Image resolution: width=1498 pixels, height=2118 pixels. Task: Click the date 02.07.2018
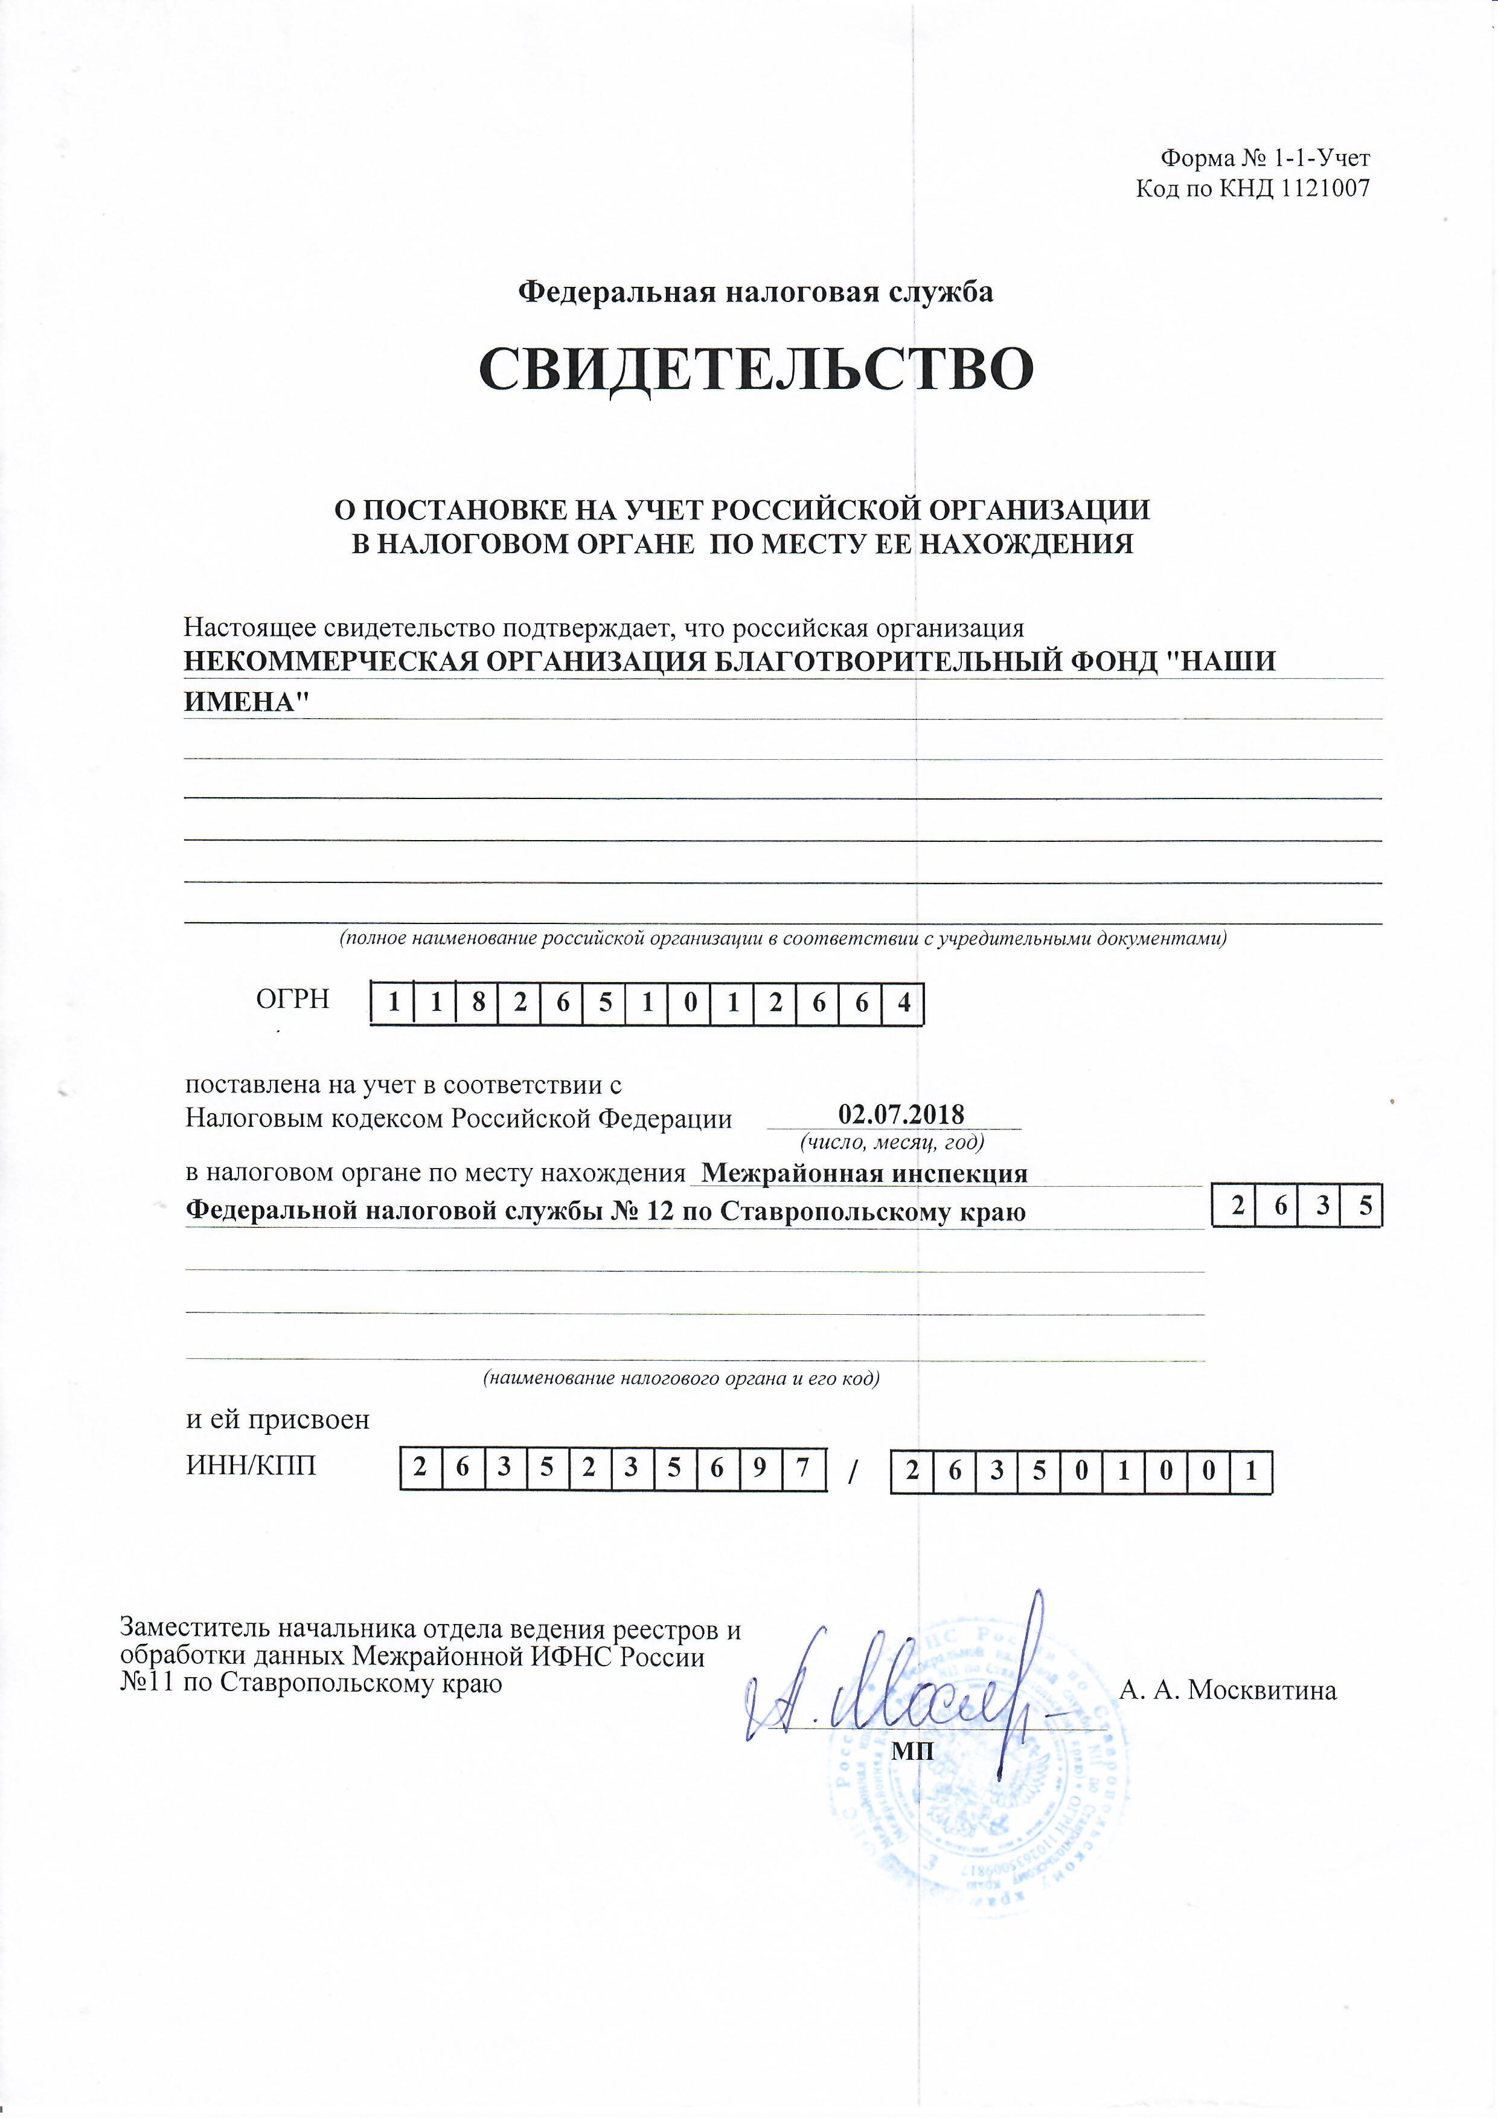pyautogui.click(x=901, y=1114)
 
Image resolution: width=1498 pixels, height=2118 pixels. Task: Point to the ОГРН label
pyautogui.click(x=292, y=998)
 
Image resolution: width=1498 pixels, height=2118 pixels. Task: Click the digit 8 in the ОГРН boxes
pyautogui.click(x=478, y=1003)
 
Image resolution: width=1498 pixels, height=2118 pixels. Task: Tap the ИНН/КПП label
pyautogui.click(x=251, y=1465)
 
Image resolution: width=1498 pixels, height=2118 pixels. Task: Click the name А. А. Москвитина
pyautogui.click(x=1227, y=1690)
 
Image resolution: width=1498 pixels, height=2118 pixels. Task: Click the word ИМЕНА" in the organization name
pyautogui.click(x=245, y=702)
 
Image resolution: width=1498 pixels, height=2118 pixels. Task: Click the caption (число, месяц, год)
pyautogui.click(x=892, y=1142)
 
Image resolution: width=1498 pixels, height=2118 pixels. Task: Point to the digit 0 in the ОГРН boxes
pyautogui.click(x=690, y=1003)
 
